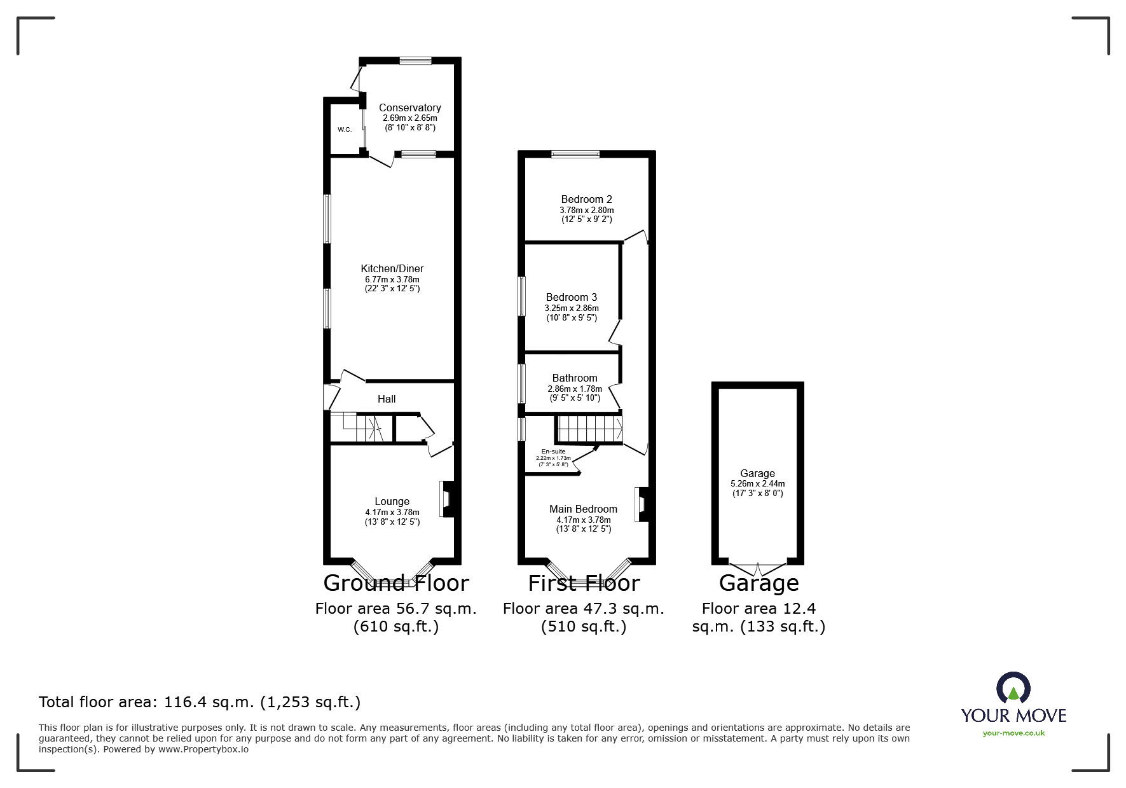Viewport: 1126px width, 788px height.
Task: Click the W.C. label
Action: (345, 130)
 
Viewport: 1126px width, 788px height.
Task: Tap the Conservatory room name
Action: (409, 108)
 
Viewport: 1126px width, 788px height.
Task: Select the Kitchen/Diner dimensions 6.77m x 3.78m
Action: (390, 279)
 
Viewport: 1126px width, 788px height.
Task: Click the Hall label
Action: (387, 399)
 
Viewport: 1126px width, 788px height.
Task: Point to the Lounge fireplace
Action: (446, 499)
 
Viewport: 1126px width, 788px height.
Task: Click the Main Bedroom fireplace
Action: (641, 505)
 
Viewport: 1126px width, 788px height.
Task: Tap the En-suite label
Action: (553, 452)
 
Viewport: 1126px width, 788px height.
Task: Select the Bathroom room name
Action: (575, 378)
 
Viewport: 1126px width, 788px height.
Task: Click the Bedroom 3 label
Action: (572, 298)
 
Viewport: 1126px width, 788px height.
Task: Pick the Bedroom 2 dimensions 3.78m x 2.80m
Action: (586, 210)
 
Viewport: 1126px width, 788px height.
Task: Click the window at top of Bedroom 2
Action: (575, 154)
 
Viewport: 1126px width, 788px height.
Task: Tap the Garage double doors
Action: (758, 565)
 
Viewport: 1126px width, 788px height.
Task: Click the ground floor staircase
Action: (360, 427)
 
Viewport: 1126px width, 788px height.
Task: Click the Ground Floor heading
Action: (396, 583)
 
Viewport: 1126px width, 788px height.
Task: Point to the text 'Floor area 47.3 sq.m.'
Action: (583, 609)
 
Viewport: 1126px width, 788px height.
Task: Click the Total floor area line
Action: (200, 702)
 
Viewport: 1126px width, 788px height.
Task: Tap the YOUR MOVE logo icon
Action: (1013, 689)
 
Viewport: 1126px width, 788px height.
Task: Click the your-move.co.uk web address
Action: (1013, 733)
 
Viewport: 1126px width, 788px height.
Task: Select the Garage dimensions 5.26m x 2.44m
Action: (757, 483)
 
